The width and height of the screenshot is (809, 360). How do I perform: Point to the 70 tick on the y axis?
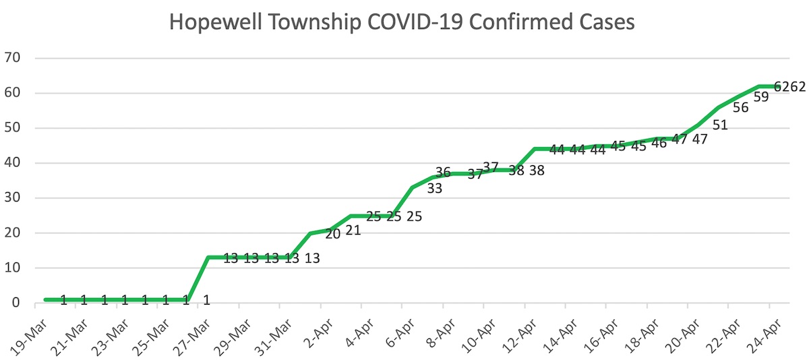[12, 58]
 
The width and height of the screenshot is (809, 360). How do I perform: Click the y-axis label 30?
[12, 198]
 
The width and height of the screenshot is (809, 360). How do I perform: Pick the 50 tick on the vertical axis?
[12, 128]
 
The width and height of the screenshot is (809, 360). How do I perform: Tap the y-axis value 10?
[12, 268]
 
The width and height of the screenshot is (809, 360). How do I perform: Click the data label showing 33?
[434, 189]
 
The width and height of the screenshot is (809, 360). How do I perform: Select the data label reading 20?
[332, 234]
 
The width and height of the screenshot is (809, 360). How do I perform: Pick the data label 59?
[761, 97]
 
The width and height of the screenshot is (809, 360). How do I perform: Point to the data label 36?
[443, 172]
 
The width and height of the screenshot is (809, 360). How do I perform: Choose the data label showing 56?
[740, 107]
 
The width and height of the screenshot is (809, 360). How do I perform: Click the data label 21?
[353, 231]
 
